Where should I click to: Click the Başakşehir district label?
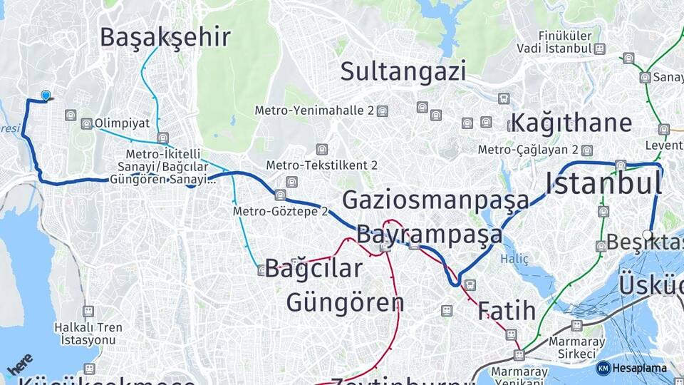(165, 37)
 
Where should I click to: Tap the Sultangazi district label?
(403, 71)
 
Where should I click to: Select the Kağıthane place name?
(571, 123)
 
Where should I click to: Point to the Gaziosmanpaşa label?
(435, 200)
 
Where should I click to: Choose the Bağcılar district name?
(313, 269)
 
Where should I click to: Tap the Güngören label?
(345, 302)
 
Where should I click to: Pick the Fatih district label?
(507, 311)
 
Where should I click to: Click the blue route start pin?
(46, 95)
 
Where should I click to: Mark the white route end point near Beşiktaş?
(647, 234)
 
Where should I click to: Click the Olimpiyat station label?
(122, 123)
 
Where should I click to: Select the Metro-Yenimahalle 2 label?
(315, 111)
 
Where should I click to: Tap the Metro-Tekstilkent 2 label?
(321, 165)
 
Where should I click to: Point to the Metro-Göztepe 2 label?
(280, 212)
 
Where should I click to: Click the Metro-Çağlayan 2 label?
(528, 150)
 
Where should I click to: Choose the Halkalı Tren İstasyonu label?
(88, 334)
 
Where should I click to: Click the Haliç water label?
(514, 260)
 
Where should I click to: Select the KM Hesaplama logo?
(631, 368)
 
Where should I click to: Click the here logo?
(19, 364)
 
